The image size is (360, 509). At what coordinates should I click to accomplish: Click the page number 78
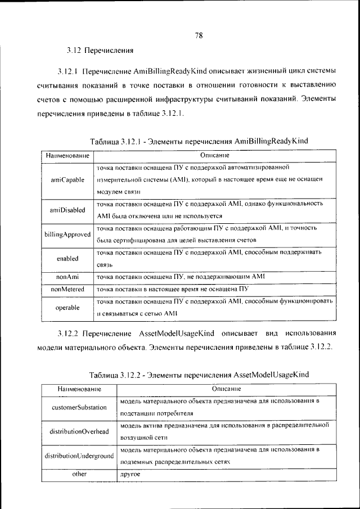click(x=199, y=35)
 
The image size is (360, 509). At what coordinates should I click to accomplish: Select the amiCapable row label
click(x=67, y=180)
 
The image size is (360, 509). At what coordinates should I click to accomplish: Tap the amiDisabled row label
click(x=67, y=210)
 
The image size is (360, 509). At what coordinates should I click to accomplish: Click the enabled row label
click(x=67, y=259)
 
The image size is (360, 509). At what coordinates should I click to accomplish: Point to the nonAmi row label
click(x=67, y=277)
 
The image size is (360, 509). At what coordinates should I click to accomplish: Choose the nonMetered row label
click(x=67, y=289)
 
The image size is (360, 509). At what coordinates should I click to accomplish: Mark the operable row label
click(x=67, y=308)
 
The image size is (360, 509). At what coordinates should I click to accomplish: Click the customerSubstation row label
click(x=79, y=407)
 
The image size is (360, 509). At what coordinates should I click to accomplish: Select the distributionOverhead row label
click(x=79, y=431)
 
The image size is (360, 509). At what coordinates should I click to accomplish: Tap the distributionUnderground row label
click(x=79, y=456)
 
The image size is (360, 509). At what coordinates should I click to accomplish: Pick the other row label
click(x=79, y=474)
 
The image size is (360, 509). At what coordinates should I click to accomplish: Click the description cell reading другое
click(x=130, y=475)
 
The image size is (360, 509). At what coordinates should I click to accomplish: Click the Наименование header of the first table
click(x=67, y=155)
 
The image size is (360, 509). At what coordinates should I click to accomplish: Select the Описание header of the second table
click(x=227, y=389)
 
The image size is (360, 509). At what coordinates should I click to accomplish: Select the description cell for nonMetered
click(x=172, y=289)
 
